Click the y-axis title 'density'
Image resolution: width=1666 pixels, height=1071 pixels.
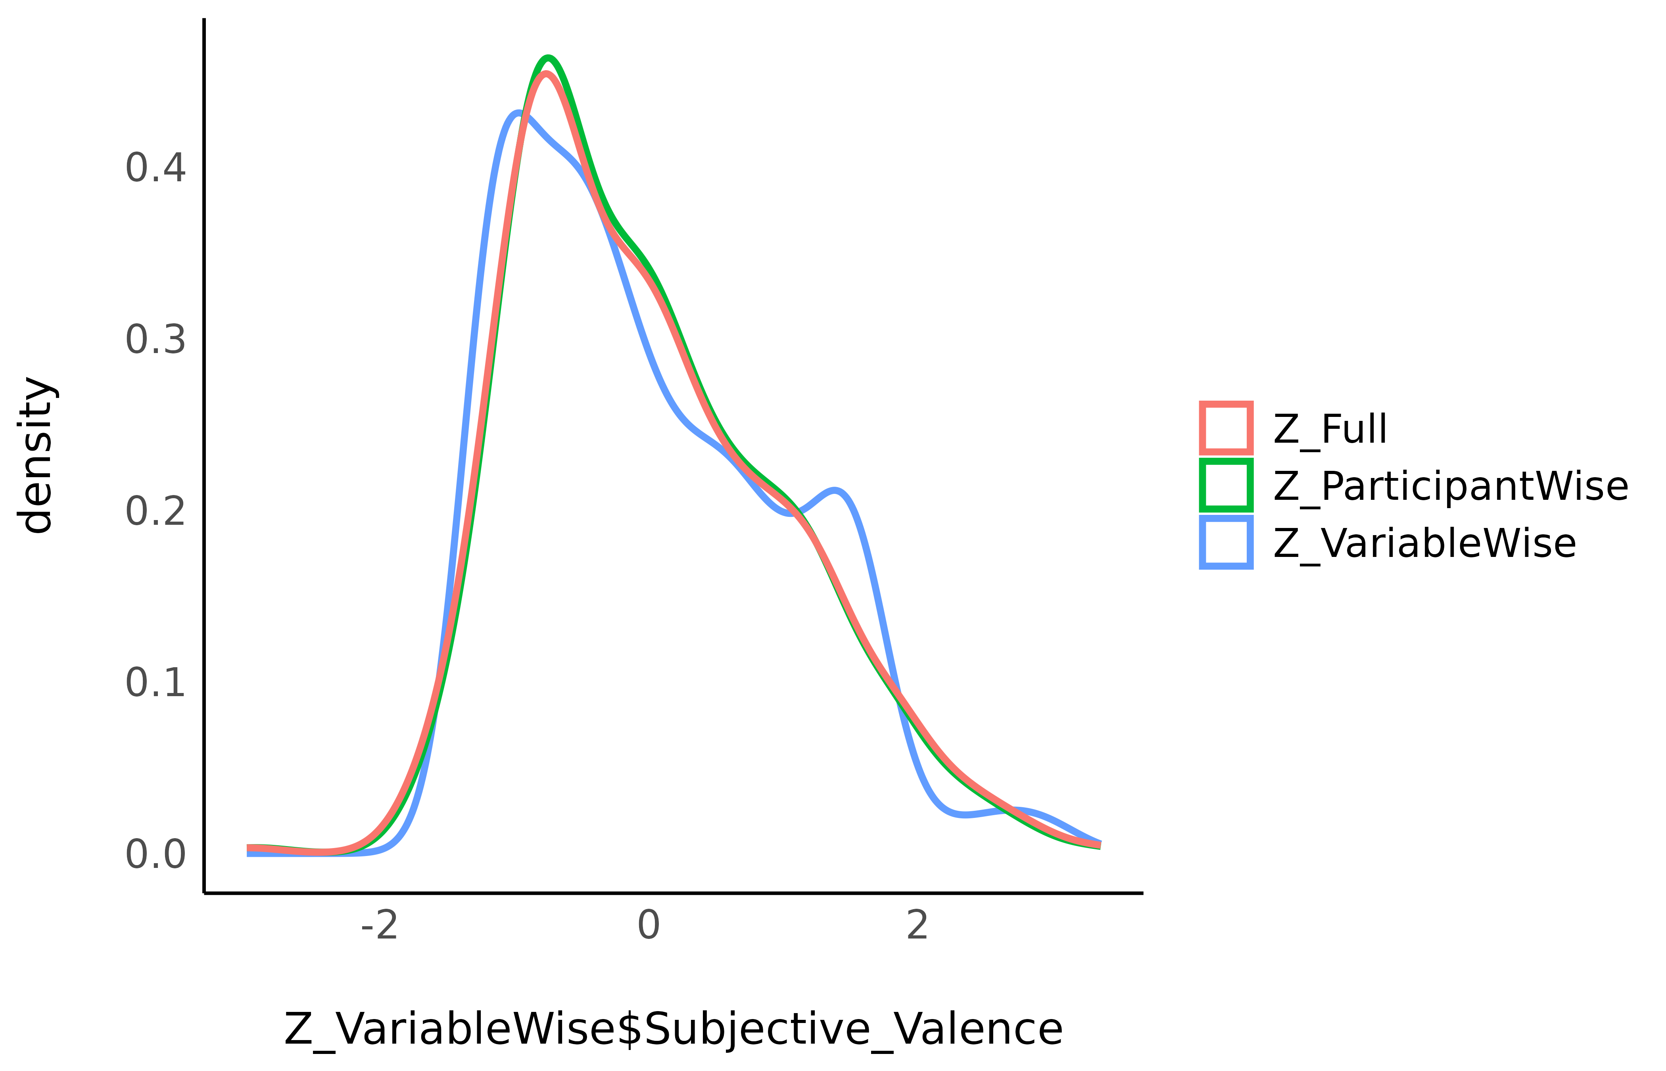[36, 455]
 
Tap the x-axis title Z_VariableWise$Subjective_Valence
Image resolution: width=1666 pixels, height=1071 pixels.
[673, 1029]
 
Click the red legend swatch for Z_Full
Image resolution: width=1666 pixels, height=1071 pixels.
[1226, 428]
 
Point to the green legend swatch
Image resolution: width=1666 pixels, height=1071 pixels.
[1226, 485]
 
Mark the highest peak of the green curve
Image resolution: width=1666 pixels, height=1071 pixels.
[549, 58]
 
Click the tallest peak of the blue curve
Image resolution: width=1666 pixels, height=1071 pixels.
[518, 113]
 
